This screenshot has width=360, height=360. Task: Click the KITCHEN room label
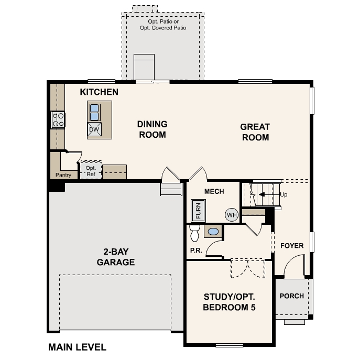[x=99, y=92]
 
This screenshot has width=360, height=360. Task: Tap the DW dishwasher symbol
[x=94, y=129]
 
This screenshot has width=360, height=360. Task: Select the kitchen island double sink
[x=94, y=112]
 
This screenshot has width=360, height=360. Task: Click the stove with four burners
[x=58, y=120]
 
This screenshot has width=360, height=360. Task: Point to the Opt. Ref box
[x=90, y=171]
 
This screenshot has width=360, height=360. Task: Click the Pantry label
[x=63, y=175]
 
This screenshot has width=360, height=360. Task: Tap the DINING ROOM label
[x=152, y=129]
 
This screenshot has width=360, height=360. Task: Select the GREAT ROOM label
[x=255, y=132]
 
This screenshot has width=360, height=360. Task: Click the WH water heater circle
[x=232, y=214]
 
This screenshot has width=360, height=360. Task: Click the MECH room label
[x=214, y=192]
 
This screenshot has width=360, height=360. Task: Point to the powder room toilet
[x=195, y=232]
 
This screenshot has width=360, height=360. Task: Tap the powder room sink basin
[x=213, y=231]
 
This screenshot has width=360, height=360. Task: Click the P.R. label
[x=196, y=250]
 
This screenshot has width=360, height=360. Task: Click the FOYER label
[x=292, y=246]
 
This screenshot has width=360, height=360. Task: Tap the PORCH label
[x=291, y=296]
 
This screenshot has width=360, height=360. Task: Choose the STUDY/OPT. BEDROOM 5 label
[x=230, y=302]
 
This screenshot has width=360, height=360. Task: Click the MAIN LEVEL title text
[x=77, y=347]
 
